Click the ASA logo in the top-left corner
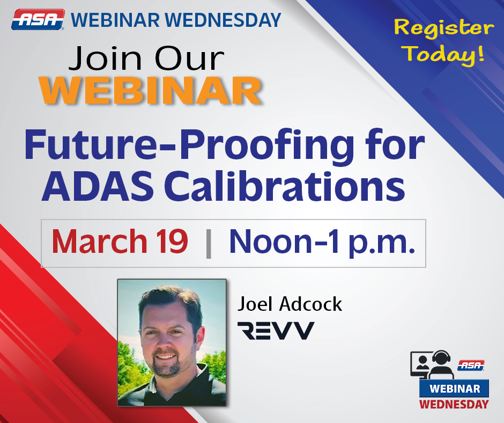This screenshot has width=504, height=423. pos(38,20)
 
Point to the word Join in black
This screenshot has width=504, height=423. pos(105,59)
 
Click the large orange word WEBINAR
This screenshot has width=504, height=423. pos(150,90)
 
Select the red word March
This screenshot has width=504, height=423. pos(100,242)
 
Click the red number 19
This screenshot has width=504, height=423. pos(172,242)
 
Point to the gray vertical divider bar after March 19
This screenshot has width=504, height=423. pos(209,244)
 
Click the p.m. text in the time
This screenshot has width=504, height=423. pos(382,244)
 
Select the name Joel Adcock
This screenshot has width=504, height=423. pos(290,304)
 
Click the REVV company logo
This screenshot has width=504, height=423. pos(276,330)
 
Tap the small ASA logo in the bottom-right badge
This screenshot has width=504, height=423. pos(471,366)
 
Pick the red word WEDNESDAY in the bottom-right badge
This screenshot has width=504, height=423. pos(454,404)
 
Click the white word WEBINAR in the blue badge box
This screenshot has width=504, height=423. pos(455,389)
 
